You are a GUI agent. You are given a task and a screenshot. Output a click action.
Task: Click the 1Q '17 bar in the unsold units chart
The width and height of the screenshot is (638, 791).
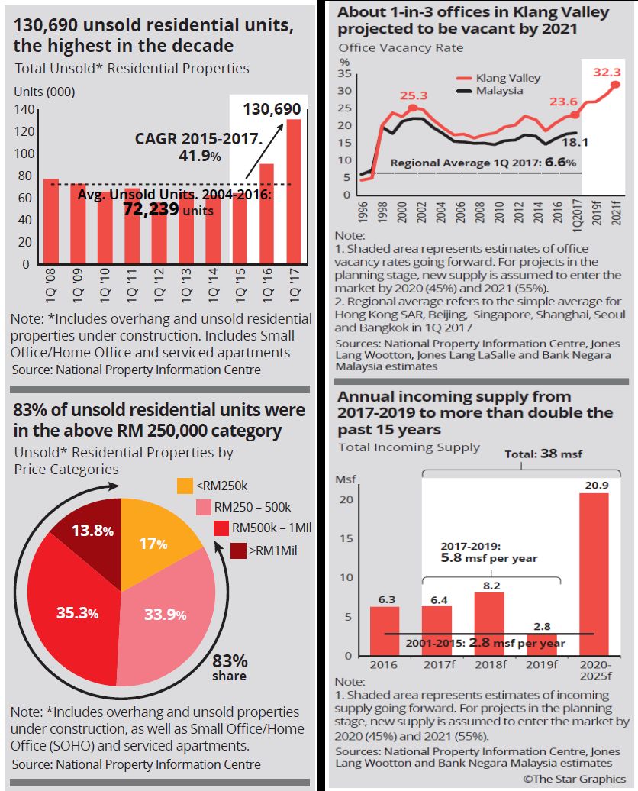click(x=293, y=191)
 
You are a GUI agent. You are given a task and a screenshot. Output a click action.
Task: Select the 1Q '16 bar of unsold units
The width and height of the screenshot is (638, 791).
click(x=267, y=213)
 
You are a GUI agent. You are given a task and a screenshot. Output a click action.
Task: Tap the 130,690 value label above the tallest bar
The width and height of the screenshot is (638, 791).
click(x=272, y=110)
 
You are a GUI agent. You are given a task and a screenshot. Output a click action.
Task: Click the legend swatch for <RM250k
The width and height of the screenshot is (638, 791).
click(x=185, y=486)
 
